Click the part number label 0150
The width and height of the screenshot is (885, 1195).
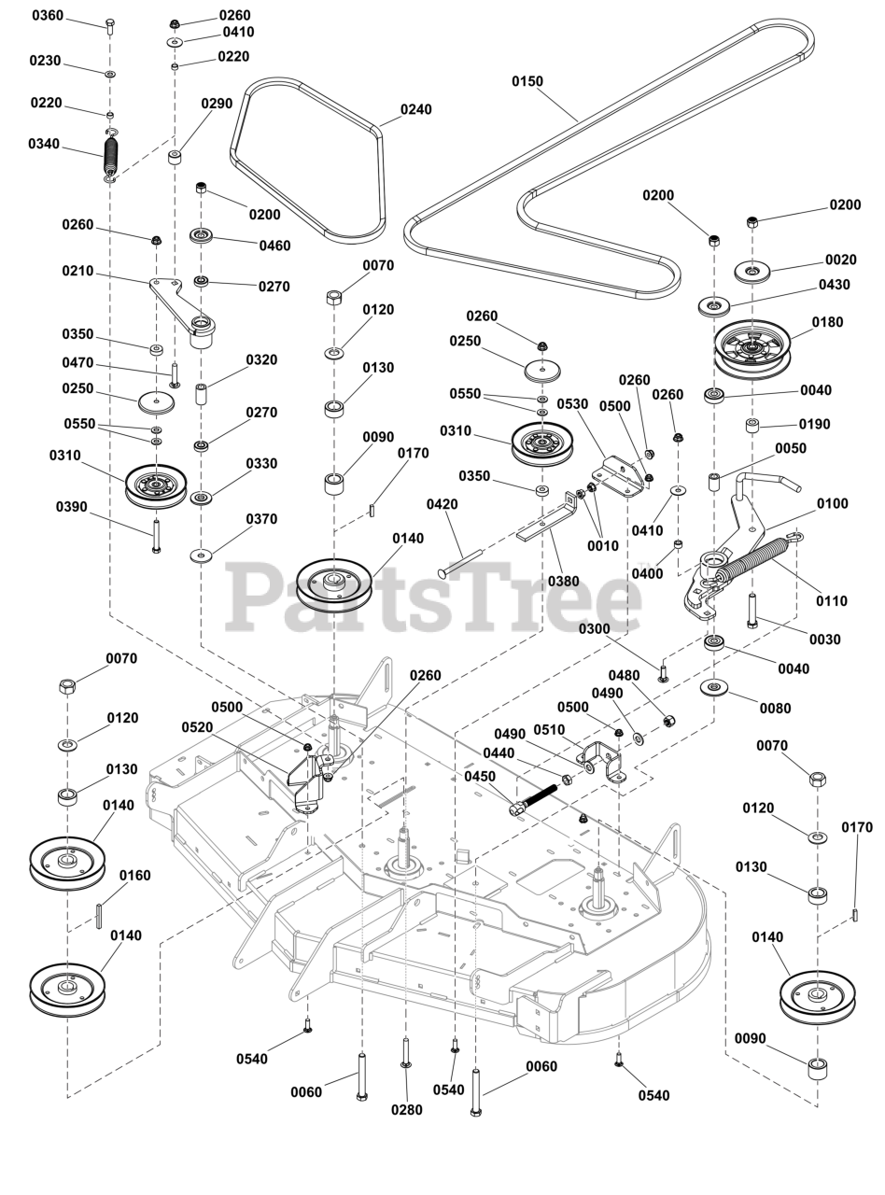(527, 81)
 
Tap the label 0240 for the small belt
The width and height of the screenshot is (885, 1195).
(416, 110)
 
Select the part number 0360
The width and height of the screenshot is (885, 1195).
(48, 16)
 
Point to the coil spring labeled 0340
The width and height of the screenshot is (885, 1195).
(110, 155)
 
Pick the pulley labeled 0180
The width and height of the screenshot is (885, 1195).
(752, 348)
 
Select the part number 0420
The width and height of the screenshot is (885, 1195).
(442, 504)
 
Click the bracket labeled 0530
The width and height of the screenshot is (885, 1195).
(619, 475)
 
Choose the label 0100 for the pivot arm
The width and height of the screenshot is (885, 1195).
(832, 504)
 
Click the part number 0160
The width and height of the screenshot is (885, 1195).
(134, 876)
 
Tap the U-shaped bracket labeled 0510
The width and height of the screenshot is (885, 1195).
(602, 759)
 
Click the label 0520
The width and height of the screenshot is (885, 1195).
(197, 727)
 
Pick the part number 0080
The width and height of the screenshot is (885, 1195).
(775, 708)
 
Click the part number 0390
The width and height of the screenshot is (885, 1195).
(72, 507)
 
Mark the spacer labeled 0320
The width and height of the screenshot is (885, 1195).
(201, 395)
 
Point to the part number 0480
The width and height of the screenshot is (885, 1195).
(625, 676)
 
